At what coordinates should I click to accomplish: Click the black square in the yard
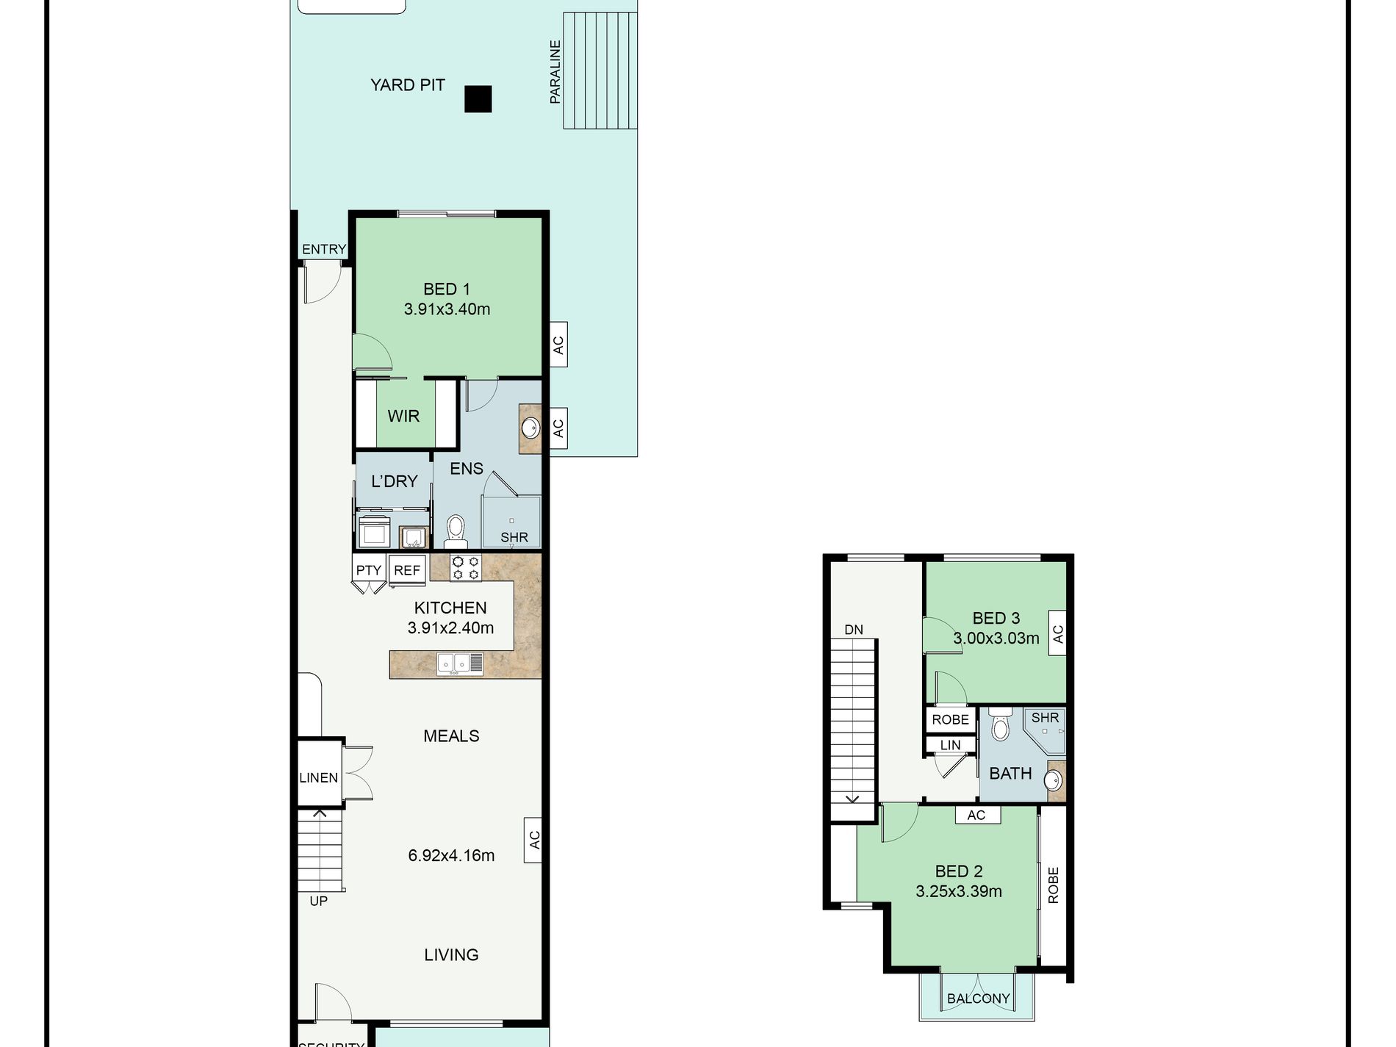[x=478, y=99]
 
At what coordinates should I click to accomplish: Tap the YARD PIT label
[x=408, y=85]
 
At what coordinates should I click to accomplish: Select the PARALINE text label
[x=555, y=71]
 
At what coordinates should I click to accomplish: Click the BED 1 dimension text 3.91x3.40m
[x=447, y=309]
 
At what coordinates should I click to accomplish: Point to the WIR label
[x=403, y=416]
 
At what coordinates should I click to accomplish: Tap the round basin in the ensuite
[x=530, y=427]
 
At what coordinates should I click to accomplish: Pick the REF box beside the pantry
[x=407, y=570]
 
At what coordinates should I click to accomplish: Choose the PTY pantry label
[x=369, y=570]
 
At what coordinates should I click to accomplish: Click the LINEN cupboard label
[x=319, y=777]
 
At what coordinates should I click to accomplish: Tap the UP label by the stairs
[x=318, y=901]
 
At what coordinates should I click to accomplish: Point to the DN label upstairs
[x=854, y=630]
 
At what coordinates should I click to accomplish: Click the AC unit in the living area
[x=533, y=839]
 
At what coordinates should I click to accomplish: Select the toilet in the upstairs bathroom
[x=1000, y=724]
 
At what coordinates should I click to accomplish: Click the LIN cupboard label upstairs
[x=950, y=745]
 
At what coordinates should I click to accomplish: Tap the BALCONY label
[x=978, y=999]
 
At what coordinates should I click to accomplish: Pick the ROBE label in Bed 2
[x=1053, y=885]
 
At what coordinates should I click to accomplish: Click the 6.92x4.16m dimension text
[x=451, y=855]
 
